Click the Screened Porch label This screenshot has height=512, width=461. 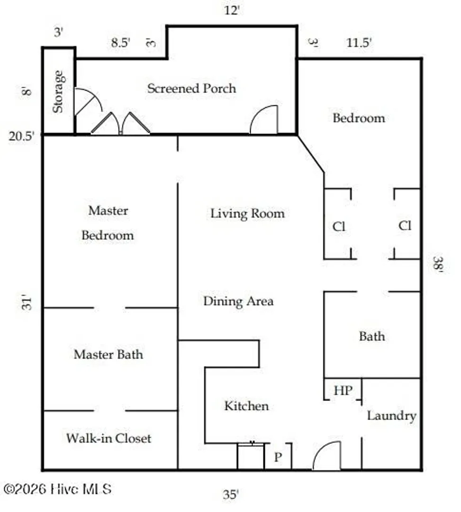(x=191, y=89)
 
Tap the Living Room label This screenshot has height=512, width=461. (x=247, y=213)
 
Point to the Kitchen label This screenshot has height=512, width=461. (x=246, y=406)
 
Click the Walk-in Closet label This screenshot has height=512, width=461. (x=108, y=438)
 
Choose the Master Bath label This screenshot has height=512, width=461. (x=108, y=354)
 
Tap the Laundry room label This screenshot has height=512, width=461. (x=391, y=416)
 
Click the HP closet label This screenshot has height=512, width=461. (x=343, y=391)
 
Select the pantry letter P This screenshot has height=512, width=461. (x=278, y=457)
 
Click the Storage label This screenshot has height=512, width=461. (x=58, y=92)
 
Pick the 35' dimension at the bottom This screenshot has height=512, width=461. (x=231, y=494)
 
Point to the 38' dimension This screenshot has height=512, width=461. (x=438, y=264)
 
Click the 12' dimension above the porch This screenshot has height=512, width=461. (x=232, y=10)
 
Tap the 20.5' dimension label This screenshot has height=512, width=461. (x=21, y=136)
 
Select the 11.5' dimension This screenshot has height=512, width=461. (x=359, y=43)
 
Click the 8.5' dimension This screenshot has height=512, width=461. (x=121, y=43)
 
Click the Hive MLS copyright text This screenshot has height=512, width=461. (x=58, y=489)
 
